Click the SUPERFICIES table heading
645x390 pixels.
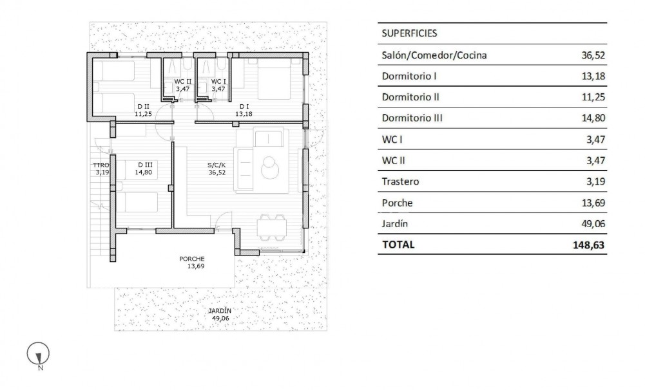point(410,33)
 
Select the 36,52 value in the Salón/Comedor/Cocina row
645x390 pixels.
point(593,55)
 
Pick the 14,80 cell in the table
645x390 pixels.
point(593,118)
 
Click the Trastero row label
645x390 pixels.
point(401,181)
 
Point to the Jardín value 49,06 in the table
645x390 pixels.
point(593,224)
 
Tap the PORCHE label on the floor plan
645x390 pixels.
point(191,259)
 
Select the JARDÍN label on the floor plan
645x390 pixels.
point(220,310)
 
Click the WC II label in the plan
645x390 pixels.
point(182,82)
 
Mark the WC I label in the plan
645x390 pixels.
point(218,82)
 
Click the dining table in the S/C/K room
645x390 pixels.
point(270,228)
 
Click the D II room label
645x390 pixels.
point(142,107)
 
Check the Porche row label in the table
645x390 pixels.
point(398,203)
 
